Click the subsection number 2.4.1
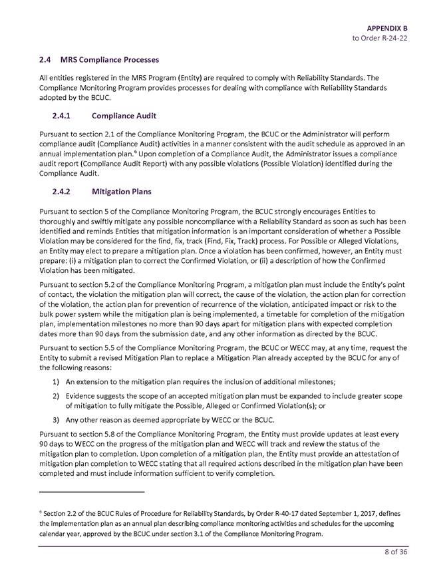(64, 115)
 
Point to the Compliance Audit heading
(124, 115)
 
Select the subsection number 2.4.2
(64, 192)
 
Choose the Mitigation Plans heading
(122, 192)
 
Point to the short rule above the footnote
(92, 492)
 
